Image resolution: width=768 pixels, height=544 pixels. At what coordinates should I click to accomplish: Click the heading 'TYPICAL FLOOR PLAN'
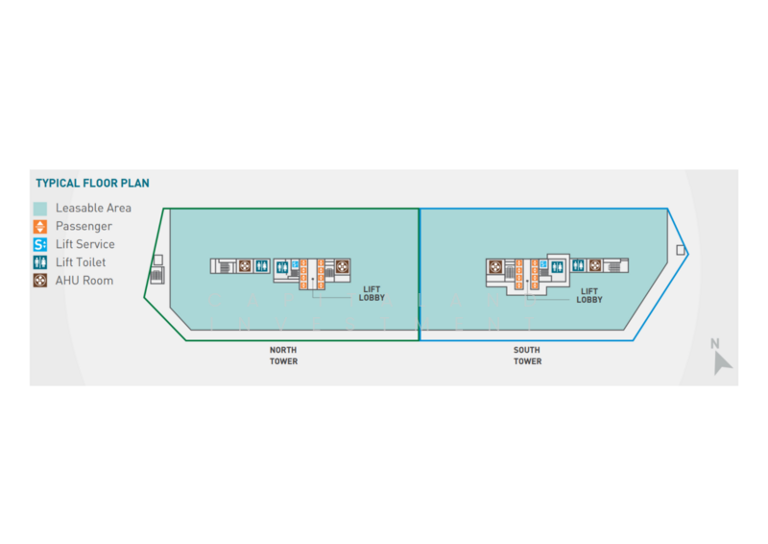(x=92, y=184)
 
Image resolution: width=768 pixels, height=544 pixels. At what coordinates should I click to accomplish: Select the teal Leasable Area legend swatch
(x=40, y=209)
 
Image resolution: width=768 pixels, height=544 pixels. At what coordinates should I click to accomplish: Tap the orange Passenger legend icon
(x=40, y=227)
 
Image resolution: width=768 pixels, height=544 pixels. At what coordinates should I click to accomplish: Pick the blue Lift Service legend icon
(x=40, y=244)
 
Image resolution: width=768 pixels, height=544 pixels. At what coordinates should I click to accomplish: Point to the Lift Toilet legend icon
(x=40, y=262)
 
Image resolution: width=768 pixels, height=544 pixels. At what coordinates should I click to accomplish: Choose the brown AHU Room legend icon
(x=40, y=281)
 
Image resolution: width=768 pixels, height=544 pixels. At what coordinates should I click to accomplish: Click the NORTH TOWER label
(x=283, y=356)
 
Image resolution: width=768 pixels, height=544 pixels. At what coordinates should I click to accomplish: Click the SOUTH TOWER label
(x=527, y=356)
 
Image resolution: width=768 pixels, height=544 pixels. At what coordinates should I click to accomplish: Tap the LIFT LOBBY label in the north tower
(x=372, y=293)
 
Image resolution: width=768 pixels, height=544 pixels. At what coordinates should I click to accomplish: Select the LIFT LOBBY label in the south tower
(x=589, y=295)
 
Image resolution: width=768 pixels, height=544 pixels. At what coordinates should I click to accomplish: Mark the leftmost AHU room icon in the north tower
(x=245, y=266)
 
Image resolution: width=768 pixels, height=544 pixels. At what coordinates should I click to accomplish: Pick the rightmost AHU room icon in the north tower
(x=343, y=266)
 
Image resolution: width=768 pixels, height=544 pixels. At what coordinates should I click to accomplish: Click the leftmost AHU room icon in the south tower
(x=495, y=267)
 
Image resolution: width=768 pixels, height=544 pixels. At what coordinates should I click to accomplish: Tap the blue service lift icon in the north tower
(x=295, y=264)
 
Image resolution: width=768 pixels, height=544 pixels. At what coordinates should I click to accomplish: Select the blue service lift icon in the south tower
(x=543, y=264)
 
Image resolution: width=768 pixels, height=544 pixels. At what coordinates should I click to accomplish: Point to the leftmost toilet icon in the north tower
(x=261, y=266)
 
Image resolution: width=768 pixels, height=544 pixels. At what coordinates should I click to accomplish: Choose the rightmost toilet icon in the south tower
(x=579, y=265)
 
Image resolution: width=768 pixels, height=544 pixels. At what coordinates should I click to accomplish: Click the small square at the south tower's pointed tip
(x=681, y=250)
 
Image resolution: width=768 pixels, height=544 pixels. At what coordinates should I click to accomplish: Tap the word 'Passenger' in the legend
(x=84, y=227)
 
